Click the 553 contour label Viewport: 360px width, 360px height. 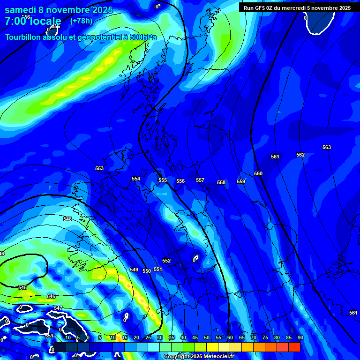pyautogui.click(x=99, y=168)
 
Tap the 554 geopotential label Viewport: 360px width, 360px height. pyautogui.click(x=136, y=179)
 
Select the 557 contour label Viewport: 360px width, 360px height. pyautogui.click(x=200, y=180)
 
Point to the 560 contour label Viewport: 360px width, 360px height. pyautogui.click(x=258, y=173)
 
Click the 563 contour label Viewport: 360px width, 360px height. pyautogui.click(x=327, y=147)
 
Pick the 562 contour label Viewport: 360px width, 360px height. pyautogui.click(x=300, y=155)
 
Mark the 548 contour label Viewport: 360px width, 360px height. pyautogui.click(x=67, y=219)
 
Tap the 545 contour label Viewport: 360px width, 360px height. pyautogui.click(x=22, y=287)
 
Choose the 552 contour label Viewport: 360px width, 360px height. pyautogui.click(x=166, y=261)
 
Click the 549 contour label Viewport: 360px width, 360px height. pyautogui.click(x=134, y=270)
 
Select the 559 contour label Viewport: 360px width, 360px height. pyautogui.click(x=241, y=181)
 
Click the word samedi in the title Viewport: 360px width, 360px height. pyautogui.click(x=21, y=10)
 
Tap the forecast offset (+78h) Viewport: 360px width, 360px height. pyautogui.click(x=81, y=21)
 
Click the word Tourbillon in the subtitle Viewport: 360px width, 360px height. pyautogui.click(x=23, y=37)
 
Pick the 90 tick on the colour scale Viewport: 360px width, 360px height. pyautogui.click(x=300, y=337)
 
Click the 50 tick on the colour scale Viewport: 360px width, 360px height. pyautogui.click(x=207, y=337)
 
